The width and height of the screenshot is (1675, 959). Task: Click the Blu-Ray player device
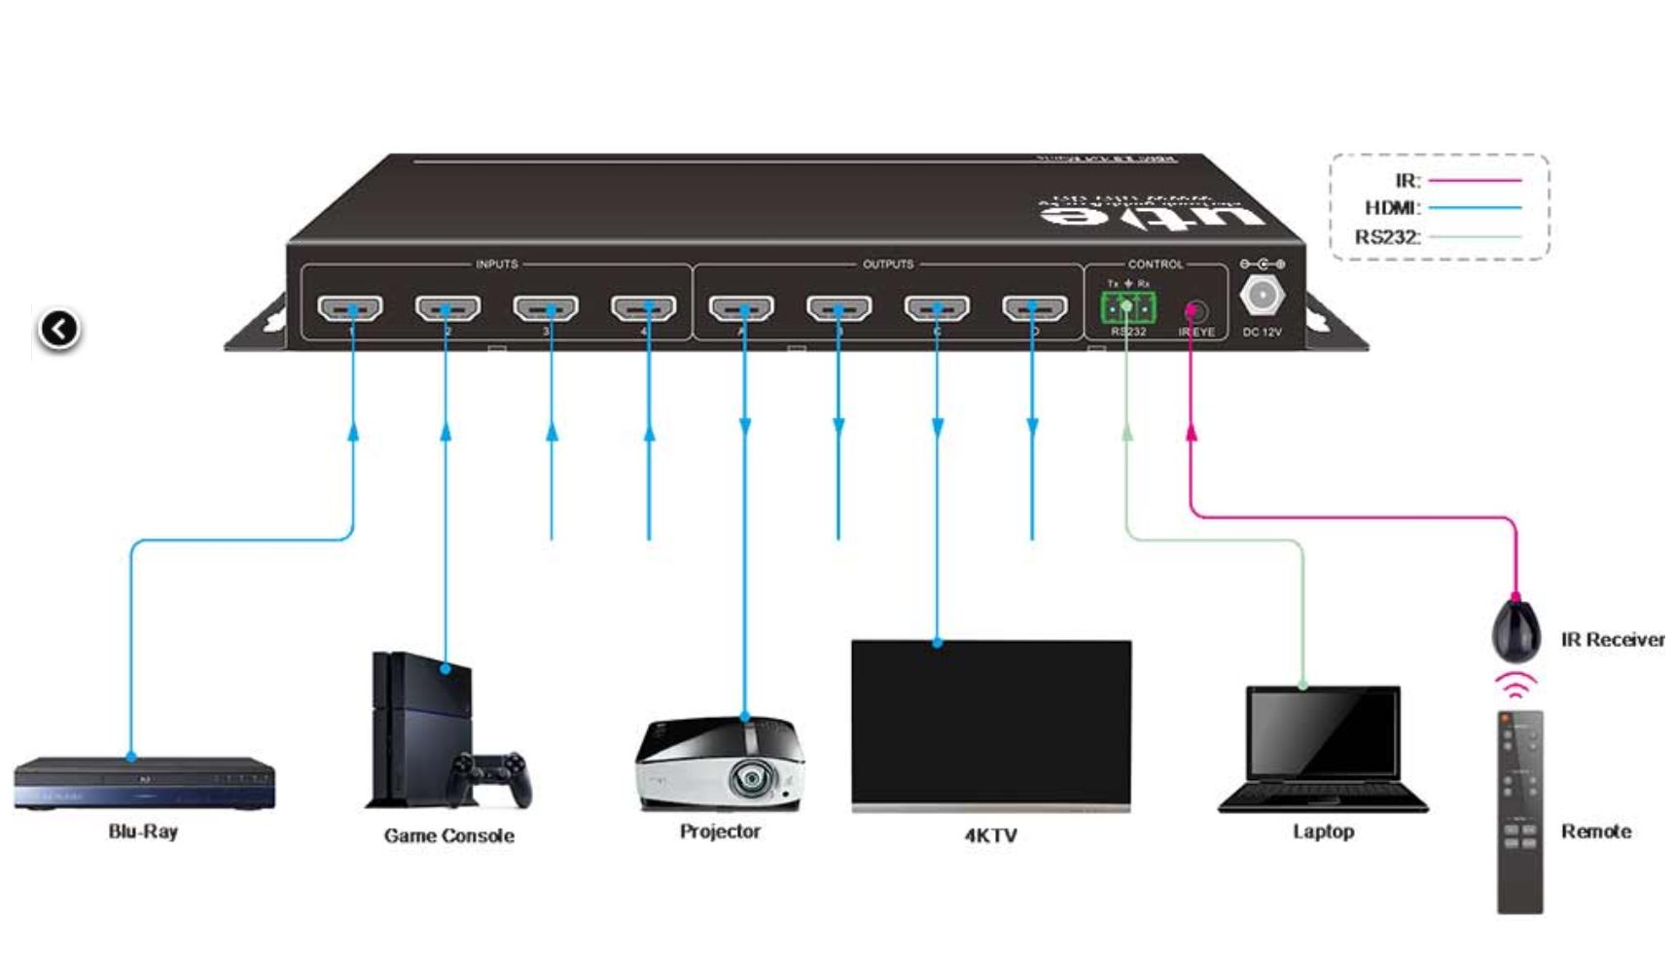pyautogui.click(x=144, y=782)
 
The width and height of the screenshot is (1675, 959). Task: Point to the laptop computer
pyautogui.click(x=1323, y=749)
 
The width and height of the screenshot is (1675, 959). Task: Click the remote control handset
pyautogui.click(x=1519, y=811)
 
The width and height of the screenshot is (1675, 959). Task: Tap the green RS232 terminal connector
pyautogui.click(x=1127, y=308)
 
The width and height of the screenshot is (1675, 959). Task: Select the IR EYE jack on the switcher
pyautogui.click(x=1194, y=311)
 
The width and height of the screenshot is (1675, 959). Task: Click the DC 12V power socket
pyautogui.click(x=1262, y=295)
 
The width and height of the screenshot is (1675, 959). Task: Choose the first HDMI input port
pyautogui.click(x=350, y=308)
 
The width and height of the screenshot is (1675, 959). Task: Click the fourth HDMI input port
pyautogui.click(x=643, y=308)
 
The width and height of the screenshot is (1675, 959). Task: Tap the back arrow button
pyautogui.click(x=59, y=329)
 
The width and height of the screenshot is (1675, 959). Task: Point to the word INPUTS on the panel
pyautogui.click(x=496, y=265)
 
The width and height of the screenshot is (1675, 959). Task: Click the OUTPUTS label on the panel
pyautogui.click(x=888, y=265)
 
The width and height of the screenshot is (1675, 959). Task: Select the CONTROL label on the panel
pyautogui.click(x=1156, y=265)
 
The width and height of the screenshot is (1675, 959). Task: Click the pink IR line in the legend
pyautogui.click(x=1474, y=180)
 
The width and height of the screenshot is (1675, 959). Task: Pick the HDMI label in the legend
pyautogui.click(x=1392, y=207)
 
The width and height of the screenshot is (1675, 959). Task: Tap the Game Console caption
pyautogui.click(x=448, y=835)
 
